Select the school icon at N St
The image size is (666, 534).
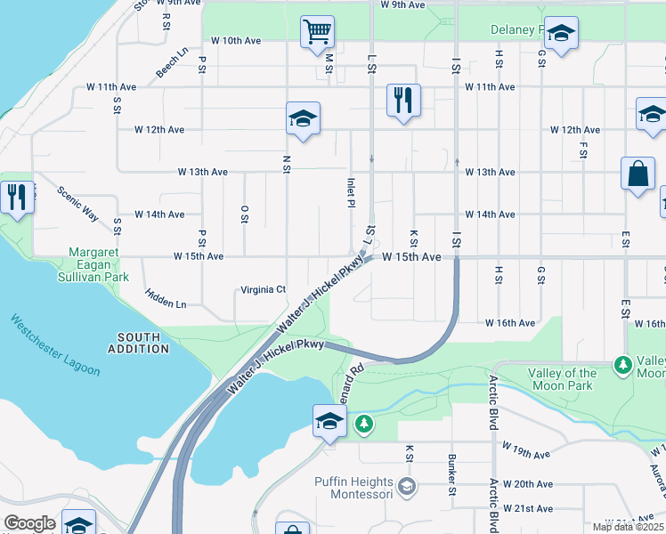[303, 119]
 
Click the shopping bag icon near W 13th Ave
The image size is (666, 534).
[638, 174]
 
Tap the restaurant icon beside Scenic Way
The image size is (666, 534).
[16, 196]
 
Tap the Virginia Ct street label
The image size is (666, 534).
[264, 290]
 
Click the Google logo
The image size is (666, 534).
[29, 523]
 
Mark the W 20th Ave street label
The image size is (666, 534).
[527, 484]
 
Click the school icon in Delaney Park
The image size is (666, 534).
[561, 35]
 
